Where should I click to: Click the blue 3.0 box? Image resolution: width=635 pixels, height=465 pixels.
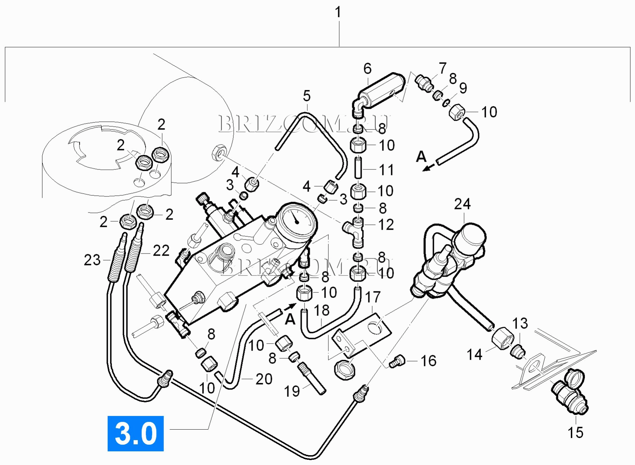(x=135, y=433)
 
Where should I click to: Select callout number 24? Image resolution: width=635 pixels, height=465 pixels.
(x=462, y=204)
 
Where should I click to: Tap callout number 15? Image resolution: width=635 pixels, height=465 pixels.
(x=575, y=432)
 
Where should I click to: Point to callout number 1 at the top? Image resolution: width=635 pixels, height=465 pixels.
(x=338, y=13)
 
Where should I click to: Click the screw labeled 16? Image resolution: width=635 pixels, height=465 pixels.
(x=397, y=361)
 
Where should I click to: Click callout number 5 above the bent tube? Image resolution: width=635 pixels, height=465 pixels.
(x=307, y=96)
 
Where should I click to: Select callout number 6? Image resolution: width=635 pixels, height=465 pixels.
(x=367, y=69)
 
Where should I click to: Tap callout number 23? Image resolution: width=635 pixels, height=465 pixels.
(x=92, y=260)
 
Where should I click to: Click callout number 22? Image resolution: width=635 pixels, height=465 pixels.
(x=161, y=251)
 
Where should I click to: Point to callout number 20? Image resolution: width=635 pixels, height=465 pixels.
(x=264, y=379)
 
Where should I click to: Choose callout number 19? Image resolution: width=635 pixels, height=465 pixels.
(x=292, y=391)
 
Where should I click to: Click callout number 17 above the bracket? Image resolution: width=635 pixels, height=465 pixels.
(x=373, y=297)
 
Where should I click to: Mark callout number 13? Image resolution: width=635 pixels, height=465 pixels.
(x=520, y=324)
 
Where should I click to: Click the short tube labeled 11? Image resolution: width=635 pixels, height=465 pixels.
(x=358, y=168)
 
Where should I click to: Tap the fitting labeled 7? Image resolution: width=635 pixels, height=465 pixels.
(x=424, y=83)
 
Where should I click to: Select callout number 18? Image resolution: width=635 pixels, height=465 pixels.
(x=321, y=310)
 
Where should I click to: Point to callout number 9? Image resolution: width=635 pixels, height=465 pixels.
(x=463, y=88)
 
